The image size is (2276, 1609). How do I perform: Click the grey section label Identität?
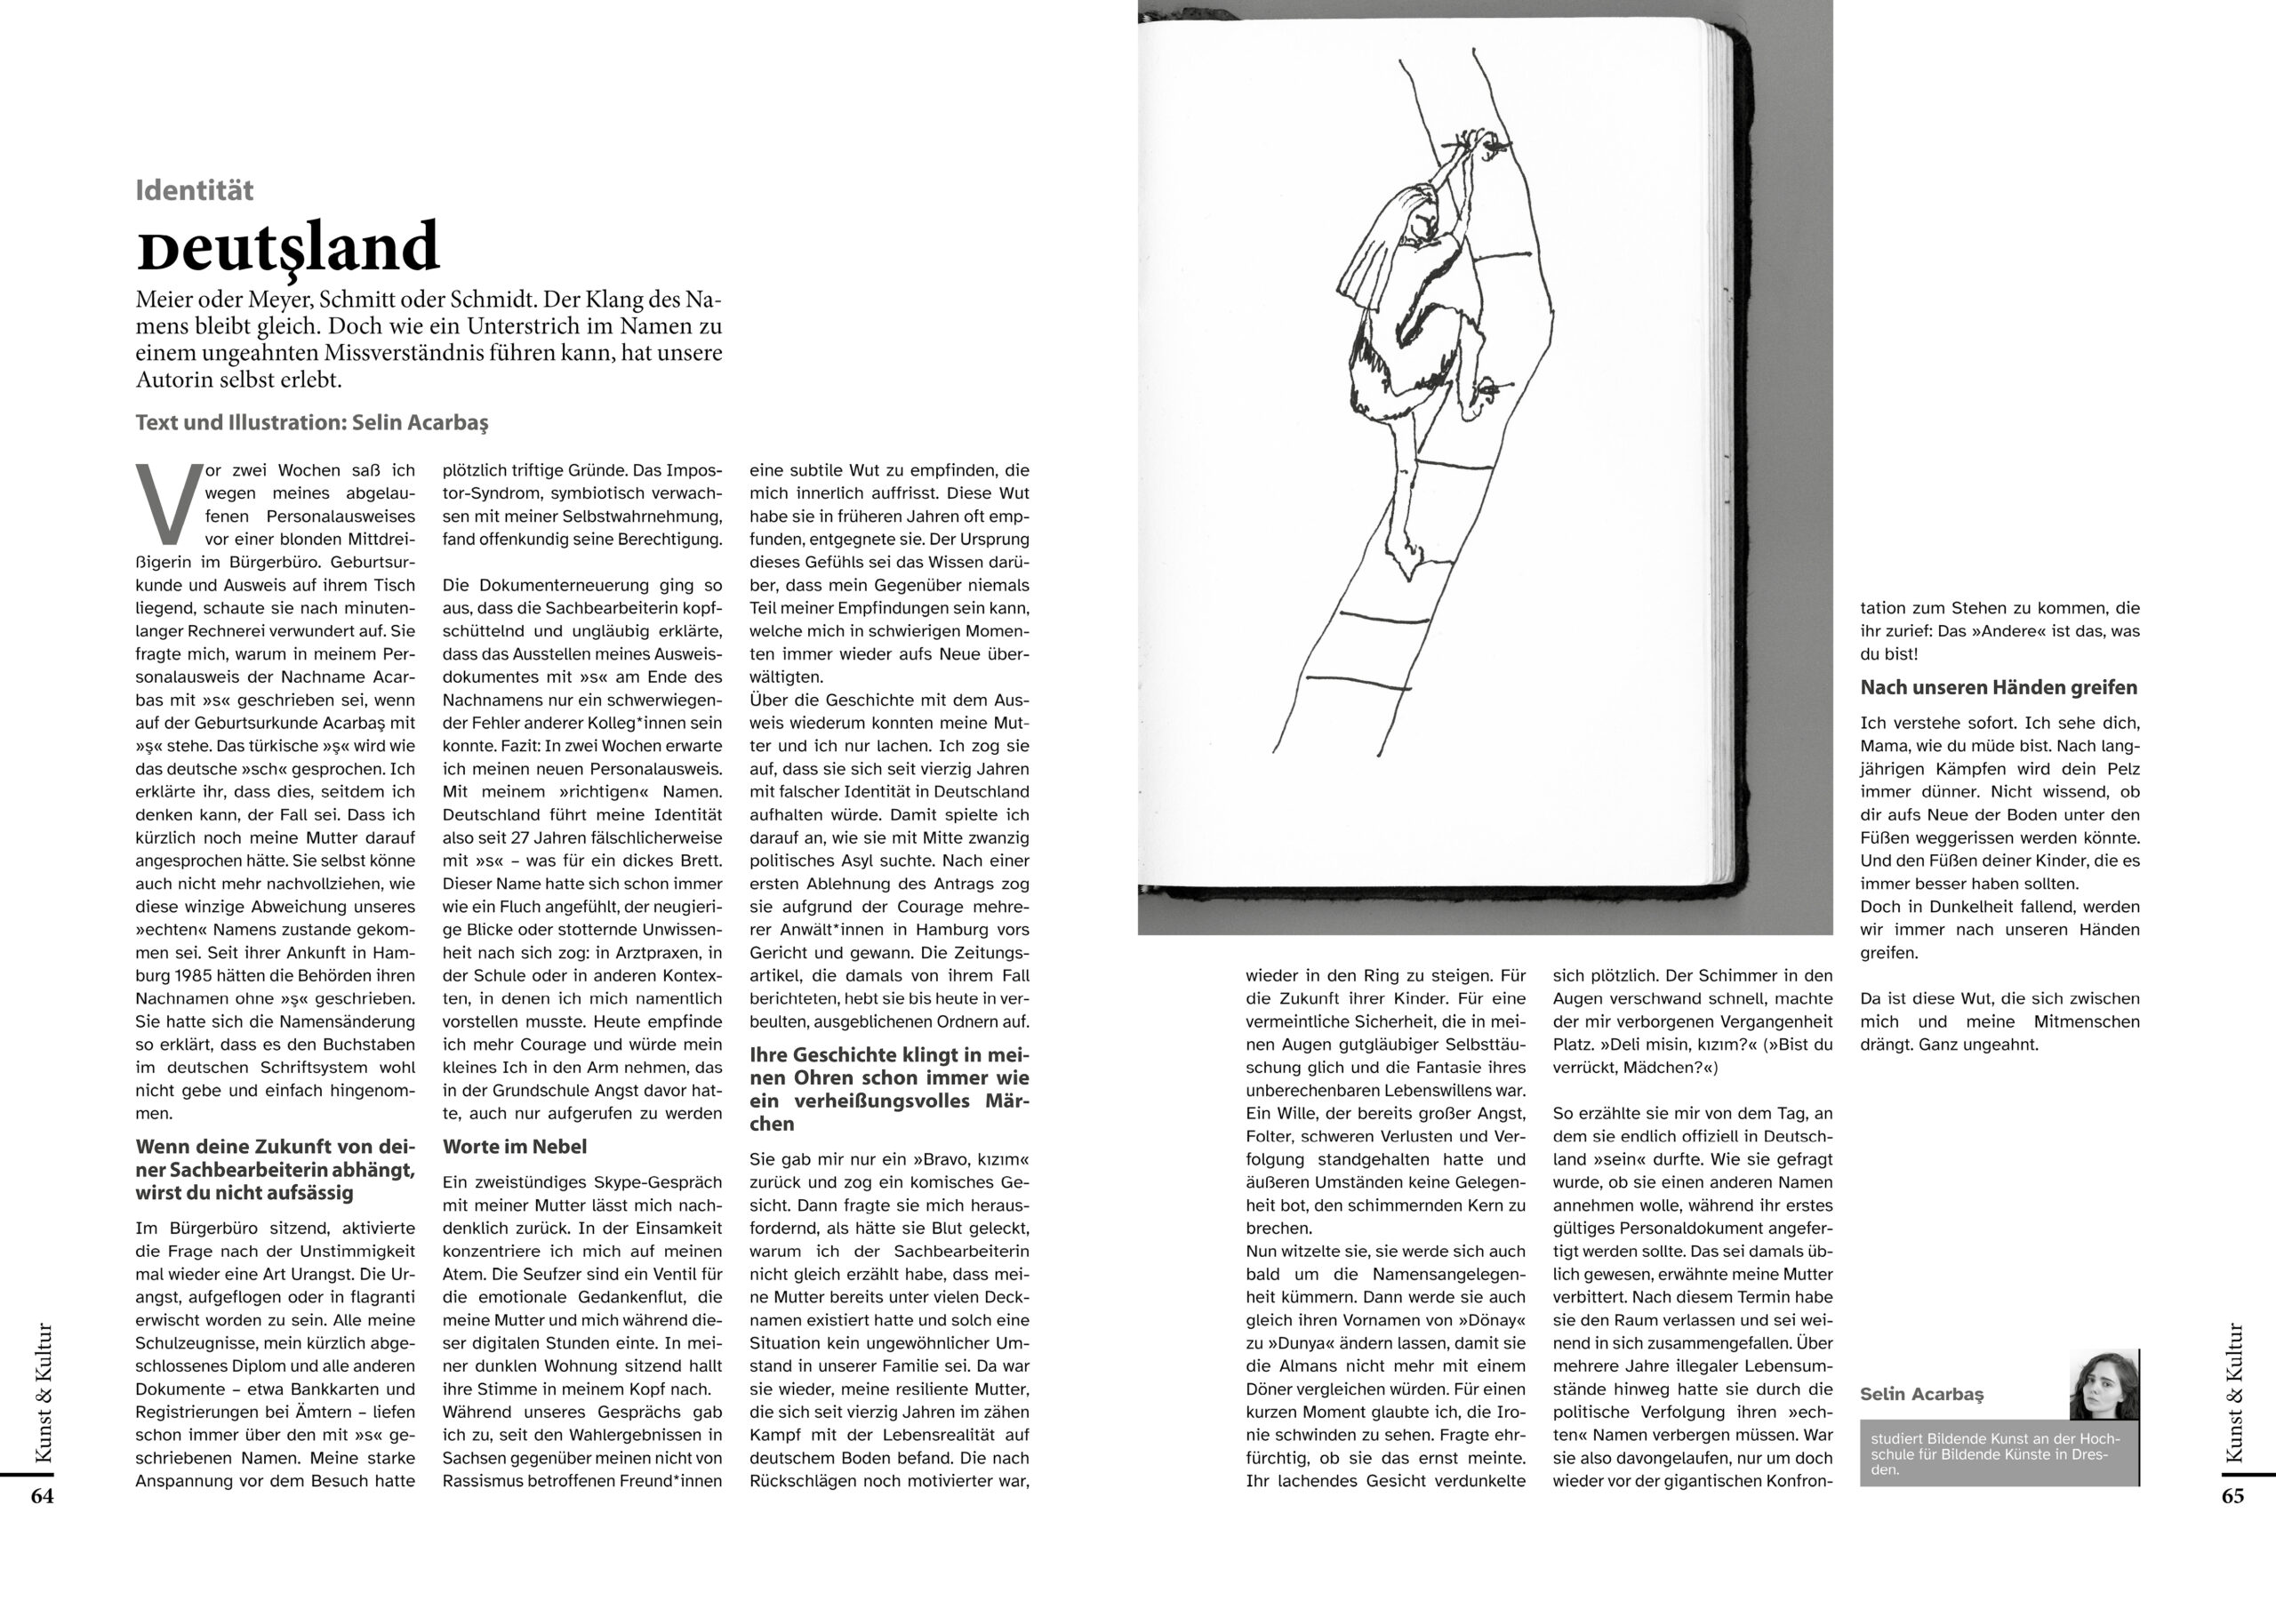195,190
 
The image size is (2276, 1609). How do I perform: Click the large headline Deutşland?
287,248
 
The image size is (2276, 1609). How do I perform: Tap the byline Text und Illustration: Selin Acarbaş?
312,422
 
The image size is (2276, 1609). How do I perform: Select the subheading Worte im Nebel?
515,1147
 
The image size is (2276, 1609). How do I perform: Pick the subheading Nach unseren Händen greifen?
1999,687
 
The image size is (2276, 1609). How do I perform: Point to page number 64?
42,1496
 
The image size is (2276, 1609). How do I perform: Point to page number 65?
2232,1496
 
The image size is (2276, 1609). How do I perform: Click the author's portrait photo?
2104,1385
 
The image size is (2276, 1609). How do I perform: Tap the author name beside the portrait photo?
1921,1394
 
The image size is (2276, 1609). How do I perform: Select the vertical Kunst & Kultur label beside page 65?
2233,1393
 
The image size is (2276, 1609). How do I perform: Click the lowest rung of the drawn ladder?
1356,681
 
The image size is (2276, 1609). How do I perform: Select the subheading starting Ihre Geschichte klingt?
889,1089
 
